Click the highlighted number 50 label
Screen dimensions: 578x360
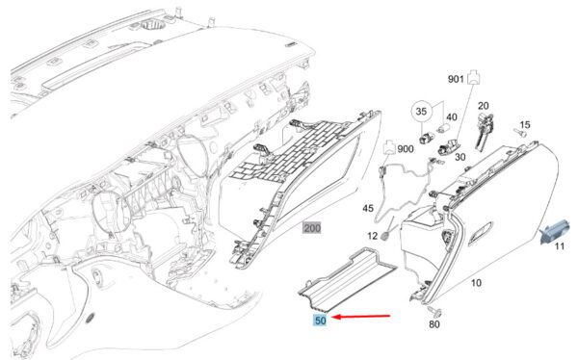[320, 321]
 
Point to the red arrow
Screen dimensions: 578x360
[361, 316]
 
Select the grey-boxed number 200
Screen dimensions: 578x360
[312, 228]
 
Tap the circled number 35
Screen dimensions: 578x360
[421, 111]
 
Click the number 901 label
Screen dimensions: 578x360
[456, 79]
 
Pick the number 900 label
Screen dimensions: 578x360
[406, 149]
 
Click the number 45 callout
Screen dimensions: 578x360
[368, 208]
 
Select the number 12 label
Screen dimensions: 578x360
[373, 235]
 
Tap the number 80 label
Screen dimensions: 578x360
[434, 324]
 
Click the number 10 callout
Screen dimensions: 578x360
[476, 283]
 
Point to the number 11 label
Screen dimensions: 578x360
[560, 245]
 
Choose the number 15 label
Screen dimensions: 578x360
[525, 124]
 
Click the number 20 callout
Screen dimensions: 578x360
[484, 106]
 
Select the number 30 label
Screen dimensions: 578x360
[460, 157]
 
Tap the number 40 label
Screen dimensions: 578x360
[452, 117]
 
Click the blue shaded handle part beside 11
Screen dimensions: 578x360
[553, 231]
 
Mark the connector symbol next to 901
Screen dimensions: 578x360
[474, 77]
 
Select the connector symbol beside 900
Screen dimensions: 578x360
[390, 146]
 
